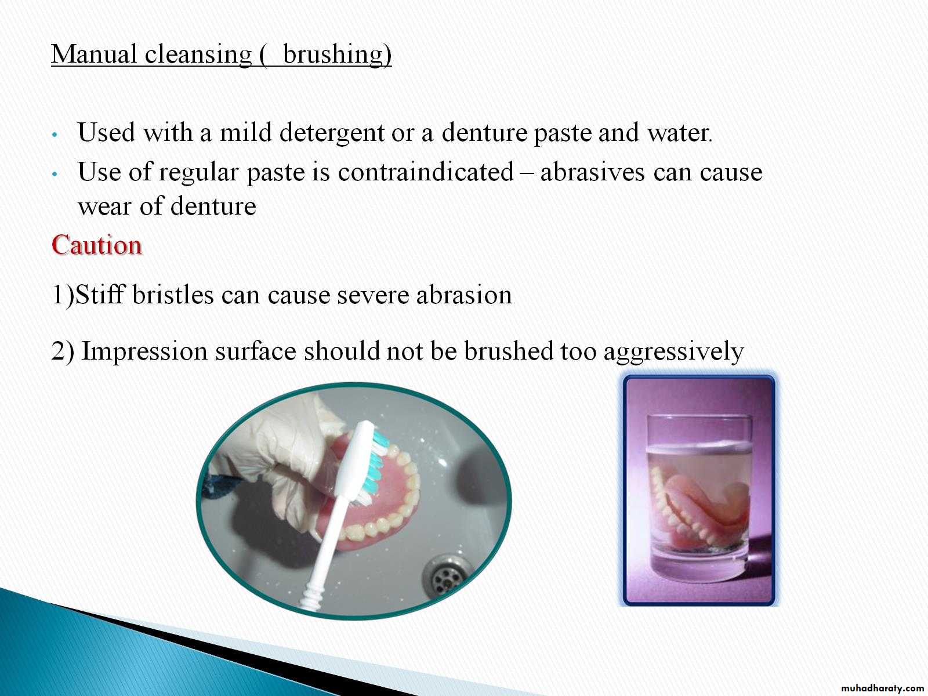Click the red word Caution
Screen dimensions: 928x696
[96, 245]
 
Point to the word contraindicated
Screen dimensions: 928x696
[426, 172]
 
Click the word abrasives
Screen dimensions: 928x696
[593, 172]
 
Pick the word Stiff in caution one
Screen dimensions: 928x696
[100, 294]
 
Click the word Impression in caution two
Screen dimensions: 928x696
[144, 351]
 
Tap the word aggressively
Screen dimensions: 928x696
[673, 351]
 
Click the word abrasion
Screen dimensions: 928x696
[464, 294]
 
